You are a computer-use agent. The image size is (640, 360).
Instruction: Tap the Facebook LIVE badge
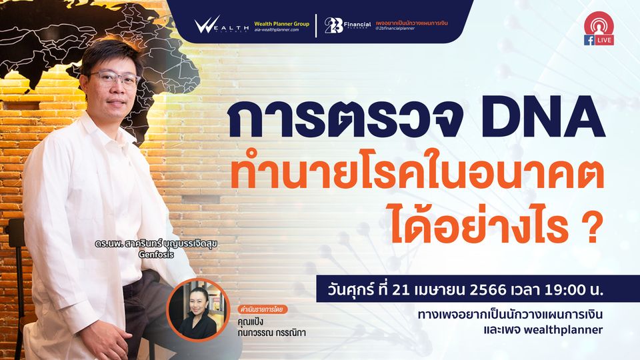[x=599, y=29]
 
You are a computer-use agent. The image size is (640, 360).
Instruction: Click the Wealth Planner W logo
[x=221, y=25]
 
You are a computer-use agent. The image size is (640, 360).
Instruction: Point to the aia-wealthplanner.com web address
[x=276, y=30]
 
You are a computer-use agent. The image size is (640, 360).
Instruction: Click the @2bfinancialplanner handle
[x=395, y=29]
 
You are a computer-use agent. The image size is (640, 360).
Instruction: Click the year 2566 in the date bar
[x=488, y=290]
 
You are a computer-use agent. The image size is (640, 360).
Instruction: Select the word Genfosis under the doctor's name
[x=156, y=254]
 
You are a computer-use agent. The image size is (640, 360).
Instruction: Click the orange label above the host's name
[x=263, y=309]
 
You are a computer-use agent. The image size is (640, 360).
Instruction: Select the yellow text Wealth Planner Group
[x=281, y=24]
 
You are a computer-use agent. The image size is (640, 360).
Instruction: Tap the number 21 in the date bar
[x=401, y=290]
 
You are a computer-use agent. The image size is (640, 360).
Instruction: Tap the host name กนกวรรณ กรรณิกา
[x=271, y=332]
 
